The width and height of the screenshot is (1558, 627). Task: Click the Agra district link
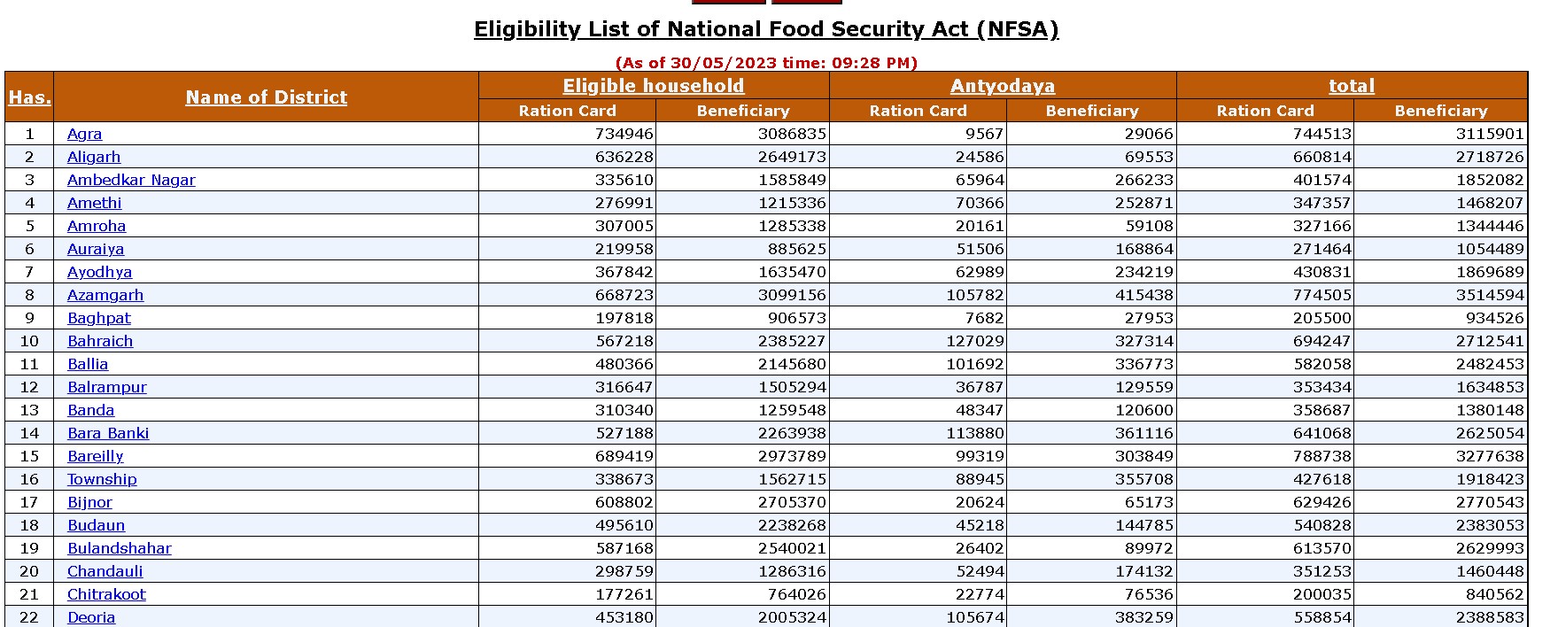click(x=84, y=134)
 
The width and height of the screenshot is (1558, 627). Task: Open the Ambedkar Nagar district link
click(x=131, y=180)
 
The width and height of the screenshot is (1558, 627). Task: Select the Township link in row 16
click(x=102, y=479)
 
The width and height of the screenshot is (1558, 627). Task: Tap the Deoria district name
click(x=91, y=617)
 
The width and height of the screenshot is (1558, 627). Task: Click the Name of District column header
click(x=266, y=97)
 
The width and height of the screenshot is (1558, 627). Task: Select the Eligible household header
click(x=654, y=86)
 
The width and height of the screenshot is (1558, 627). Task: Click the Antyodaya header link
click(x=1003, y=86)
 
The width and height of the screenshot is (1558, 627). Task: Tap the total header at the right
click(x=1352, y=86)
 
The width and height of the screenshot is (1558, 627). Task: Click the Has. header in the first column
click(x=29, y=97)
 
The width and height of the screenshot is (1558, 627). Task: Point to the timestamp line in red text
click(x=766, y=63)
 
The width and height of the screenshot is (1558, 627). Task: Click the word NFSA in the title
click(x=1017, y=29)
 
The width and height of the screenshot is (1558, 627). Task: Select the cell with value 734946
click(x=624, y=134)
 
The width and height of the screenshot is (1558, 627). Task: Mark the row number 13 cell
click(x=29, y=410)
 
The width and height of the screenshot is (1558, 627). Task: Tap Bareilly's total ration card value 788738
click(x=1322, y=456)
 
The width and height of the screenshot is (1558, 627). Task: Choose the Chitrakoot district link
click(x=106, y=594)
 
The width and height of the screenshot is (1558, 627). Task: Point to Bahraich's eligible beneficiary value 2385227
click(x=792, y=341)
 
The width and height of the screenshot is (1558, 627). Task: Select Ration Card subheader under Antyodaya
click(x=918, y=111)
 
